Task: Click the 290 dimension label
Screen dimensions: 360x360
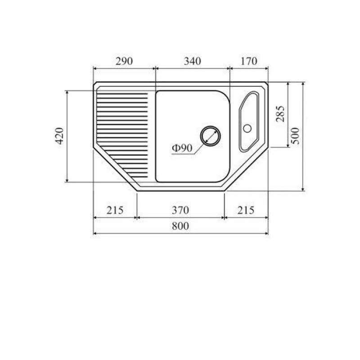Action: point(124,61)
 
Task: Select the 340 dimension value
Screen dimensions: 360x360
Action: point(193,61)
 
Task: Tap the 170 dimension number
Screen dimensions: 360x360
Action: point(249,61)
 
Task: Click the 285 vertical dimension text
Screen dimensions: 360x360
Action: point(280,114)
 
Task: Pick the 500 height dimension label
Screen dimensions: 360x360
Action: point(296,136)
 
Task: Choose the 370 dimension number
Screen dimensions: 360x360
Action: point(180,210)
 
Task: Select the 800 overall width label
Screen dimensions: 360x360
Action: point(180,226)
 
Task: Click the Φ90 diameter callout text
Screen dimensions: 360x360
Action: point(182,148)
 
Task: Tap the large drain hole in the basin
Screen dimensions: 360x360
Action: point(210,136)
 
